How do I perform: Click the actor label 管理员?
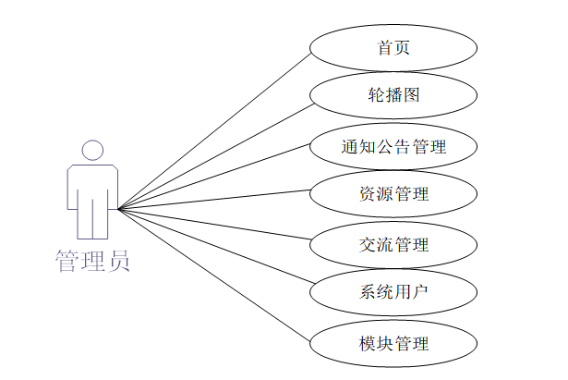tap(91, 260)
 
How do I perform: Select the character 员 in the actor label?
tap(118, 260)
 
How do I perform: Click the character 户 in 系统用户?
tap(419, 294)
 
